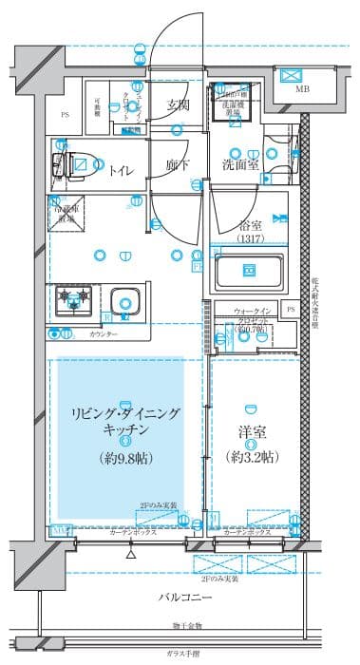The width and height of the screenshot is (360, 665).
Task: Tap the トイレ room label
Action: (121, 170)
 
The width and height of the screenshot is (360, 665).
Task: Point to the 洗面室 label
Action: (240, 162)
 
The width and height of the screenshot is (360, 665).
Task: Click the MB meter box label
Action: (302, 90)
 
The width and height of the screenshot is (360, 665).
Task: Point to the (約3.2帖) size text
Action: (252, 456)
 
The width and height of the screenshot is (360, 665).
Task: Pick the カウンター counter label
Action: (104, 335)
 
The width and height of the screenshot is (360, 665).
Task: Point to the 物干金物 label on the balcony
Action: (187, 626)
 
